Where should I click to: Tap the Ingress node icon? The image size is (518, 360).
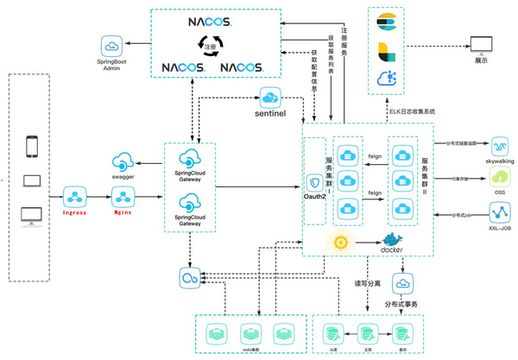75,194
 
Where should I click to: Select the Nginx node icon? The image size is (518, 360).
123,194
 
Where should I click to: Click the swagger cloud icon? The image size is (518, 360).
123,160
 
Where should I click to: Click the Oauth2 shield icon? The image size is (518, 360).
314,182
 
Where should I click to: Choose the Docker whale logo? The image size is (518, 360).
393,243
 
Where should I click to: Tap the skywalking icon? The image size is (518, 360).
502,143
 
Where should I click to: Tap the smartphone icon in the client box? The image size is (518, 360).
32,147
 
